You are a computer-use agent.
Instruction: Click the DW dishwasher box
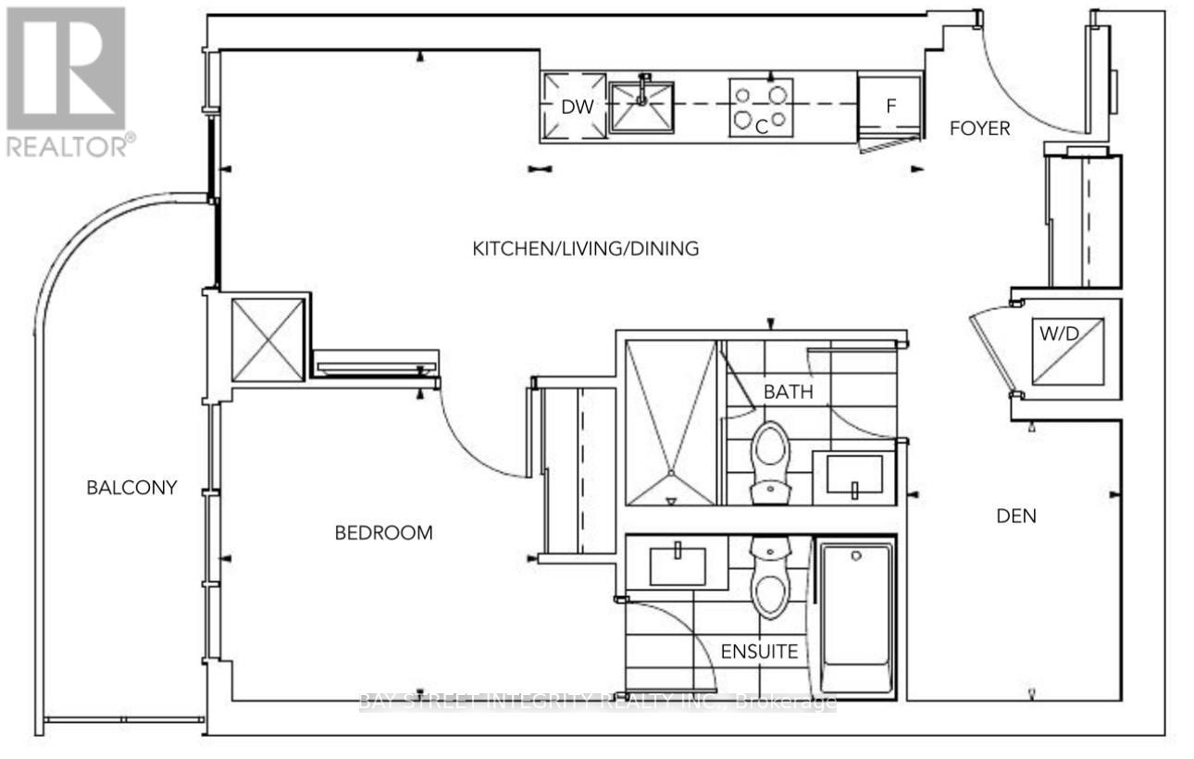point(574,106)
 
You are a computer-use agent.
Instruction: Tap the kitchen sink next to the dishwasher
point(641,106)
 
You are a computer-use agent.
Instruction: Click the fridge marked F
point(890,106)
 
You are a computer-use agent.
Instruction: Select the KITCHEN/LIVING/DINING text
point(585,249)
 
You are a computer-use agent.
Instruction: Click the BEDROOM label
point(384,533)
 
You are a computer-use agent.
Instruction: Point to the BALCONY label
point(131,487)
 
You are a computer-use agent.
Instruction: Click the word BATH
point(788,392)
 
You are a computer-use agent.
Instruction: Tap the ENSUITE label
point(759,652)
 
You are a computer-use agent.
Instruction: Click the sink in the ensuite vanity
point(678,566)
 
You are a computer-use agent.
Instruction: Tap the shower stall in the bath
point(671,423)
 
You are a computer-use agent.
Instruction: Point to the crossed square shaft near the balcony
point(267,340)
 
